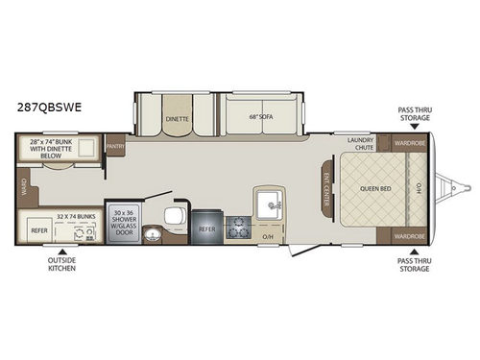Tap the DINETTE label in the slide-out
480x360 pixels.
pyautogui.click(x=178, y=118)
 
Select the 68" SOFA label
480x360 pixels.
pyautogui.click(x=254, y=118)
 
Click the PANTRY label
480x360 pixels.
pyautogui.click(x=117, y=147)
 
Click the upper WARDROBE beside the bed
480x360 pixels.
pyautogui.click(x=407, y=144)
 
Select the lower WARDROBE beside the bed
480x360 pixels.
pyautogui.click(x=407, y=234)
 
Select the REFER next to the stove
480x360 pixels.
pyautogui.click(x=206, y=228)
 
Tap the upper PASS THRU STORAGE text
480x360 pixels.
pyautogui.click(x=414, y=114)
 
